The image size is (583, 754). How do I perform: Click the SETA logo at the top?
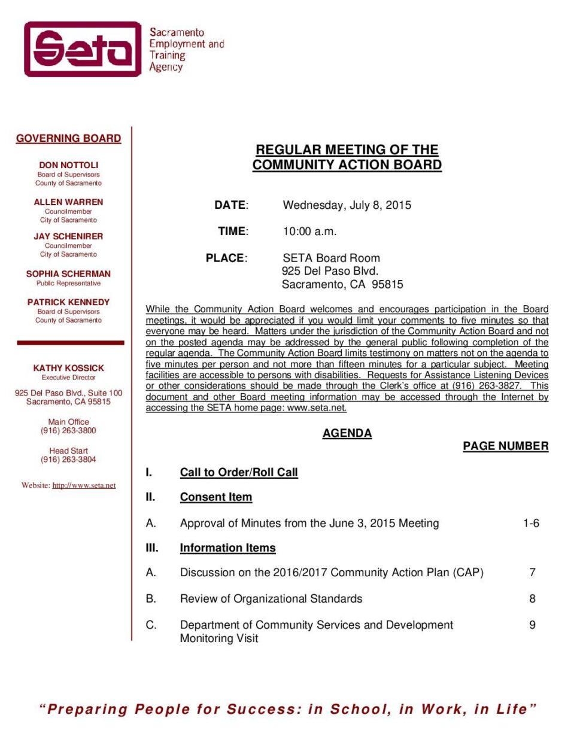(83, 49)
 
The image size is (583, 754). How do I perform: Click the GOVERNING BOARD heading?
(68, 138)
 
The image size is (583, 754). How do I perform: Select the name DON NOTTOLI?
(68, 165)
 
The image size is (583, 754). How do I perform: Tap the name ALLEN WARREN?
(68, 202)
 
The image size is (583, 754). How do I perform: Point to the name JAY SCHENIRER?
(68, 236)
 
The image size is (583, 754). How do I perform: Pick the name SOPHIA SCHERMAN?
(68, 273)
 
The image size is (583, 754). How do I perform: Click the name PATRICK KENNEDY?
(68, 302)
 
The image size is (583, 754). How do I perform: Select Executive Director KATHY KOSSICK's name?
(68, 368)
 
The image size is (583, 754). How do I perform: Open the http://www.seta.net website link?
(84, 485)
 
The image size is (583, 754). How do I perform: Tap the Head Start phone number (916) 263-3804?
(68, 460)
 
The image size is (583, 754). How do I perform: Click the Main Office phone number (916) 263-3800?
(68, 430)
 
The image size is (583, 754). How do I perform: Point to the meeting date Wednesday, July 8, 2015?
(347, 205)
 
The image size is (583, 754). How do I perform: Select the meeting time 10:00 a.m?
(309, 232)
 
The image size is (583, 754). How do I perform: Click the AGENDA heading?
(347, 433)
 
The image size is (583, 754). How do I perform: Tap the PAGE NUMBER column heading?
(505, 446)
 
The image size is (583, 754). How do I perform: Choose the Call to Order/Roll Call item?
(239, 472)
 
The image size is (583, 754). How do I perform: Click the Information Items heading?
(227, 548)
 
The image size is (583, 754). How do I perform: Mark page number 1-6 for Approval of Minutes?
(531, 523)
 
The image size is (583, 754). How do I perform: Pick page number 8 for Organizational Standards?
(532, 598)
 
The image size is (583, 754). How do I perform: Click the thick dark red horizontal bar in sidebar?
(71, 343)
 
